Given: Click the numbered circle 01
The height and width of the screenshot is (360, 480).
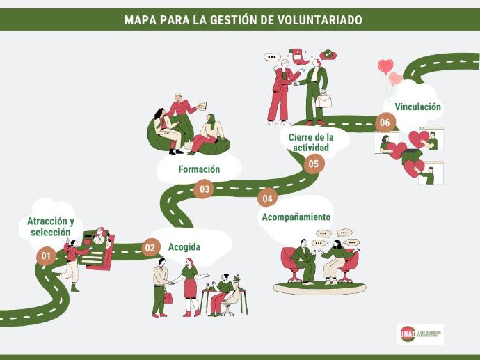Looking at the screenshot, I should click(46, 256).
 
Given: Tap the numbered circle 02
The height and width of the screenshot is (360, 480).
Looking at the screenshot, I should click(150, 247).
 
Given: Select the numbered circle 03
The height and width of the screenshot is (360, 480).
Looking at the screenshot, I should click(204, 189).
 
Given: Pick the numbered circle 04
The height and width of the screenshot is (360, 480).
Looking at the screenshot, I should click(267, 198).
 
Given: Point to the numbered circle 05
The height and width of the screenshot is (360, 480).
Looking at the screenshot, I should click(313, 164).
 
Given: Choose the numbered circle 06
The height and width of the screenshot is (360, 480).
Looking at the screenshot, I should click(385, 123).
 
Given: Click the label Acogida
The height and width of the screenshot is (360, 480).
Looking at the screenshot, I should click(184, 247).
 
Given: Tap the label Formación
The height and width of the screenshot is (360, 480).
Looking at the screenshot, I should click(199, 169).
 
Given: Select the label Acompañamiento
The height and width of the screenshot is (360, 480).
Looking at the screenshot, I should click(296, 217).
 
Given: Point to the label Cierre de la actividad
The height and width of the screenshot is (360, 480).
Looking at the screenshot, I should click(311, 142).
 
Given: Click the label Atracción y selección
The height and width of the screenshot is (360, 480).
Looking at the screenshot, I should click(51, 227).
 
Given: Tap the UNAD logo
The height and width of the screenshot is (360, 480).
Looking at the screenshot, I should click(419, 334).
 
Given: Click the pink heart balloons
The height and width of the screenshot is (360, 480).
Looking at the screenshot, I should click(389, 72).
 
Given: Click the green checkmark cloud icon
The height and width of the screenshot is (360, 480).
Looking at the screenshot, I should click(328, 54).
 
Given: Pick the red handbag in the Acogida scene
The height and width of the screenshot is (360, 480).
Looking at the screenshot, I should click(168, 297).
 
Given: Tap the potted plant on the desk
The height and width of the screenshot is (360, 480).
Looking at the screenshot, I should click(237, 280).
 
